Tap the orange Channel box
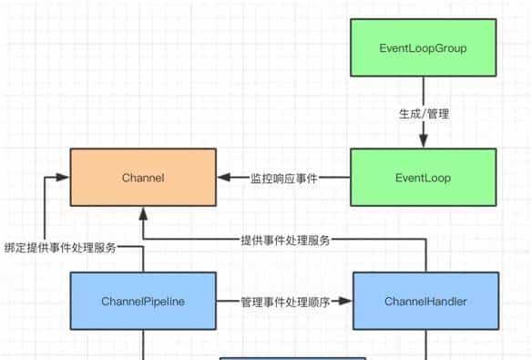(x=143, y=178)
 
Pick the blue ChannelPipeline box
(x=143, y=300)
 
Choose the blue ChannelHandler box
(x=425, y=300)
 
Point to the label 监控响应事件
(x=283, y=179)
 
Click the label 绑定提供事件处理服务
(x=60, y=247)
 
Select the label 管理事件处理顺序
(x=284, y=300)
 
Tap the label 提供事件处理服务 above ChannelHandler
(x=284, y=241)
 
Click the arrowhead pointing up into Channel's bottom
(x=143, y=213)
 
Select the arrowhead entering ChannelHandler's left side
(x=346, y=300)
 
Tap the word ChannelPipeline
(x=143, y=300)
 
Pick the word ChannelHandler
(x=425, y=300)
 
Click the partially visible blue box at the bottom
(x=292, y=357)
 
